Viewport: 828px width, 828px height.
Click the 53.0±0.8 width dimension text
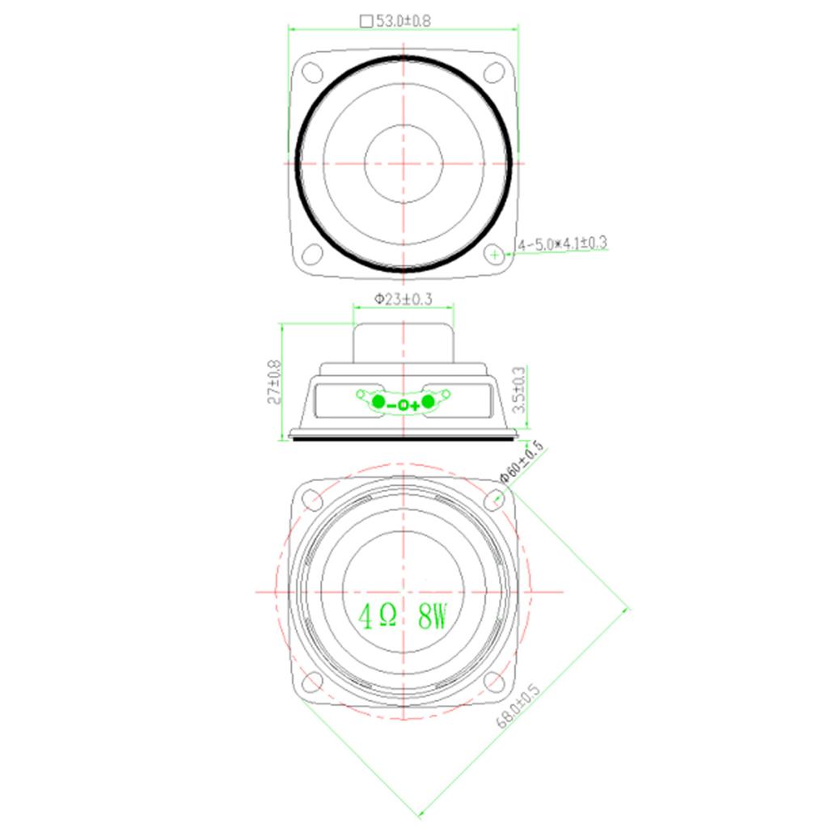point(403,20)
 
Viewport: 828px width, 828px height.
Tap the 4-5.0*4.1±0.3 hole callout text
point(563,243)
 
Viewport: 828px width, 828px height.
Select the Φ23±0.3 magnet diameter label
point(403,299)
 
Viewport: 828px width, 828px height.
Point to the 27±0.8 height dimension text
point(274,382)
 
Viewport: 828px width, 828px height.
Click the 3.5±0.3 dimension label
point(519,390)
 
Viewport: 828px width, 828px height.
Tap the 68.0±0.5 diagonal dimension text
point(518,705)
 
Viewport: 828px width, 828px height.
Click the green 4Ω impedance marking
point(378,615)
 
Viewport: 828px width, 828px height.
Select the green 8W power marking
point(433,615)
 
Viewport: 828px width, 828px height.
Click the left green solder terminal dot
point(378,402)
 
